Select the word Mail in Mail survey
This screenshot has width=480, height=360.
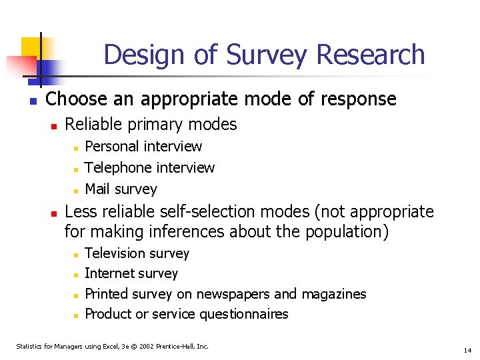[x=97, y=189]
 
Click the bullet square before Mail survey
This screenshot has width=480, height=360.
[x=77, y=191]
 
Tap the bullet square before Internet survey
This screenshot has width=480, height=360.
[x=77, y=275]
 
